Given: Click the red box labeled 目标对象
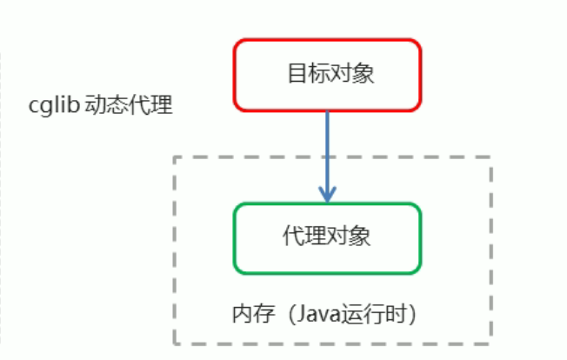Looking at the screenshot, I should tap(326, 74).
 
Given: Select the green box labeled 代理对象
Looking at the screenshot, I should tap(326, 237).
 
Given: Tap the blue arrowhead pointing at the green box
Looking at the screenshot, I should tap(326, 194).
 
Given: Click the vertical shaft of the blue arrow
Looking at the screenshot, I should tap(326, 148).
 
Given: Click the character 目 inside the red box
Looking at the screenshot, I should tap(295, 74).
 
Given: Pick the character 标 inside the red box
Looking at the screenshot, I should tap(317, 74).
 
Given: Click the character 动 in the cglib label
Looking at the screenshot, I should tap(96, 107).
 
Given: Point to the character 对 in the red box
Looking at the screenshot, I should tap(338, 74).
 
